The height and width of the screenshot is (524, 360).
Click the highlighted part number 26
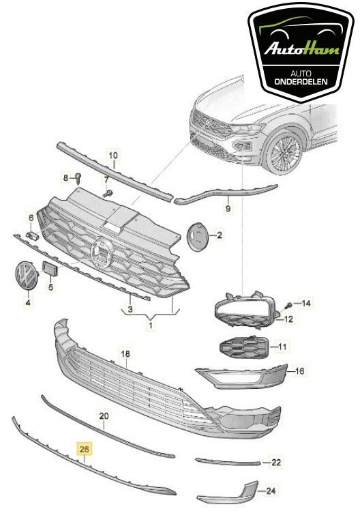click(x=85, y=449)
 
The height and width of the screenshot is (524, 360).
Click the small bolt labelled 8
click(x=79, y=178)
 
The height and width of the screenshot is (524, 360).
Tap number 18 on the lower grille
click(x=125, y=354)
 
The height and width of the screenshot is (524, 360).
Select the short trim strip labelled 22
click(x=228, y=462)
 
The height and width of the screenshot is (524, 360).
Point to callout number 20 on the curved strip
click(x=104, y=416)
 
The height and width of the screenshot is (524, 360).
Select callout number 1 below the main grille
click(x=151, y=326)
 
